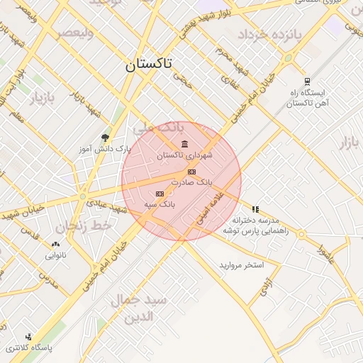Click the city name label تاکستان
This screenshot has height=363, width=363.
(149, 65)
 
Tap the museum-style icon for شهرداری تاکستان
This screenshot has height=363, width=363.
(185, 145)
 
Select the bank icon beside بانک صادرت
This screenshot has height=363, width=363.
(191, 172)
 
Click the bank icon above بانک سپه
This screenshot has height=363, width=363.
(160, 194)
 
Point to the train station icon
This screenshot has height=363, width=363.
(307, 82)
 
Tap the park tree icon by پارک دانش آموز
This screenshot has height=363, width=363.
(106, 138)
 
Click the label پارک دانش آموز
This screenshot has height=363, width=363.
(106, 150)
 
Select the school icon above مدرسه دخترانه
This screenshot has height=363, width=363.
(255, 210)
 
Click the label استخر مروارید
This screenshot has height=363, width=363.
(241, 265)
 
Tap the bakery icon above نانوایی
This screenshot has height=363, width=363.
(56, 243)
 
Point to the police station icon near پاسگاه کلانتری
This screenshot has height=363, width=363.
(28, 337)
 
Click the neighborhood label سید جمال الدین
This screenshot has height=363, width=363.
(139, 308)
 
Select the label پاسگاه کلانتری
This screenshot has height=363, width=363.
(29, 348)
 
